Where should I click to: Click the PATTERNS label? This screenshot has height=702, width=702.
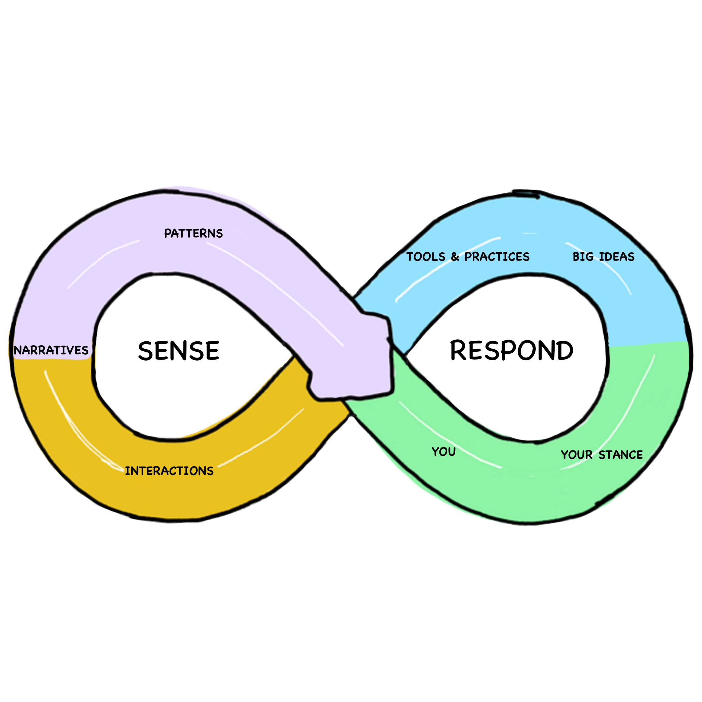193,233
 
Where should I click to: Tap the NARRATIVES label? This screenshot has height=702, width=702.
51,350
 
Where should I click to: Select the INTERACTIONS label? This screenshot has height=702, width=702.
169,471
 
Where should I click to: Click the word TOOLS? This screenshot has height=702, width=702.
425,257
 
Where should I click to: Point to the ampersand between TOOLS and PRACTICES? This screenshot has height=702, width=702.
455,257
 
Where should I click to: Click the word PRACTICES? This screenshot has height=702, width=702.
497,257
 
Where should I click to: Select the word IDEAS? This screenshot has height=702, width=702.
616,257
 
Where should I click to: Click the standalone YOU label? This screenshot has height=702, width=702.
444,452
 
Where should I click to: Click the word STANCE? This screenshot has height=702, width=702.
621,455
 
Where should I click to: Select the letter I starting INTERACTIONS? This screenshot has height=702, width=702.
127,471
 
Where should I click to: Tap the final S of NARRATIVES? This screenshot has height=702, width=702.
85,350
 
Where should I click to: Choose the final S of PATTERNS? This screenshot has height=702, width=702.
219,233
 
